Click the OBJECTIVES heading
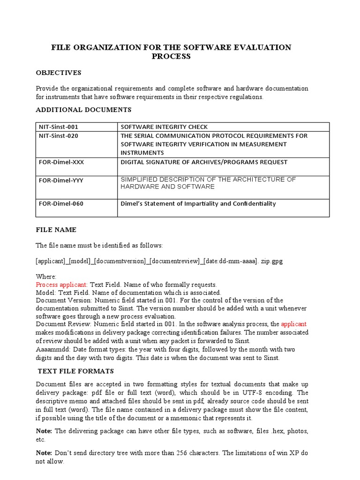point(59,73)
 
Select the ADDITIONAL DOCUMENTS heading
point(84,110)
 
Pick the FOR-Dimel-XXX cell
point(59,162)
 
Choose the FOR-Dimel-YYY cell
point(59,180)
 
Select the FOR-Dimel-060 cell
point(59,203)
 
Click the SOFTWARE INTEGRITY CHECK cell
point(164,127)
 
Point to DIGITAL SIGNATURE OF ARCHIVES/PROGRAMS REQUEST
point(204,162)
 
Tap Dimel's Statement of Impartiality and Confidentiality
point(198,203)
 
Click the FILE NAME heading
point(56,230)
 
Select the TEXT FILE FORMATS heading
point(76,371)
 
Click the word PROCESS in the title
point(171,56)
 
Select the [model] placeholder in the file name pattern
point(81,261)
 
